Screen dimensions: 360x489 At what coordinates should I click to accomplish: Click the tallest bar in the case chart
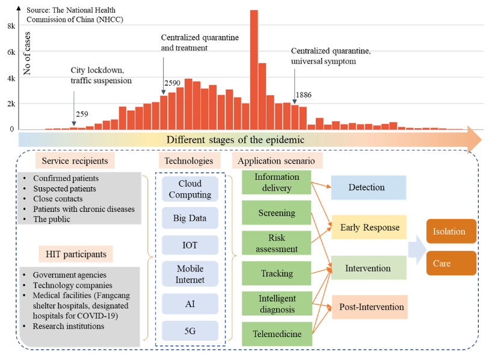pos(254,69)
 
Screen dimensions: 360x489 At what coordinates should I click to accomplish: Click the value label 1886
pos(303,95)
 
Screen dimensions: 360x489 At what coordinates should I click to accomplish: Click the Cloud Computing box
pos(189,189)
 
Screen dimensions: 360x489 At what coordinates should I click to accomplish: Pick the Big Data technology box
pos(189,219)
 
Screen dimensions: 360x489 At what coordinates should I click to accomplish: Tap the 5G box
pos(189,330)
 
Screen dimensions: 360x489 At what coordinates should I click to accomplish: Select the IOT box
pos(189,246)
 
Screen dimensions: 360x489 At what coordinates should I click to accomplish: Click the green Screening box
pos(276,213)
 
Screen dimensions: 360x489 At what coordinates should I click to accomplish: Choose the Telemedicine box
pos(276,334)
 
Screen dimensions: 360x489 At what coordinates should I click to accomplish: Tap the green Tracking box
pos(276,273)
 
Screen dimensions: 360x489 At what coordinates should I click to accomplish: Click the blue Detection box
pos(367,187)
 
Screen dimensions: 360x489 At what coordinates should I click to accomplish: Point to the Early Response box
pos(369,228)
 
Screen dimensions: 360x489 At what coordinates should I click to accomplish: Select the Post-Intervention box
pos(368,307)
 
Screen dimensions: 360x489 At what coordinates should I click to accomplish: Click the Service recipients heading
pos(75,161)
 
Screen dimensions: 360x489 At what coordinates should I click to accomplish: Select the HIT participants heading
pos(76,254)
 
